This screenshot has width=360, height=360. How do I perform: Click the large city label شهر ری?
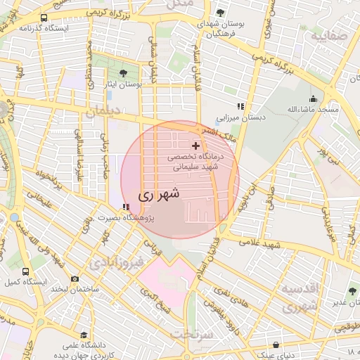[160, 194]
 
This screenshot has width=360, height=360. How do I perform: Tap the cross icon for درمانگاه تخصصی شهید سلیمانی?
[195, 146]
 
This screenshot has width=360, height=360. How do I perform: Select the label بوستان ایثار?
[124, 84]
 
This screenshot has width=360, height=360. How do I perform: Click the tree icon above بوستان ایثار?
[124, 72]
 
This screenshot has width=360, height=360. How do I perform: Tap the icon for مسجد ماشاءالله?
[313, 99]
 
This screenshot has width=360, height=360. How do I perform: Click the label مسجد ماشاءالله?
[313, 110]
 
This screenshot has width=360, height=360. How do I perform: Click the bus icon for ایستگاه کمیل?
[26, 271]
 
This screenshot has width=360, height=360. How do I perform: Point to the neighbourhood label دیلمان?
[103, 112]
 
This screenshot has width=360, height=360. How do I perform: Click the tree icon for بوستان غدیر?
[352, 292]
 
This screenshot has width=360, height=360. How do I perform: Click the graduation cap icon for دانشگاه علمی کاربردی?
[84, 335]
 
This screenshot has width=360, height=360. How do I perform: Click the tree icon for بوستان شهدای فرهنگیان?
[220, 13]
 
